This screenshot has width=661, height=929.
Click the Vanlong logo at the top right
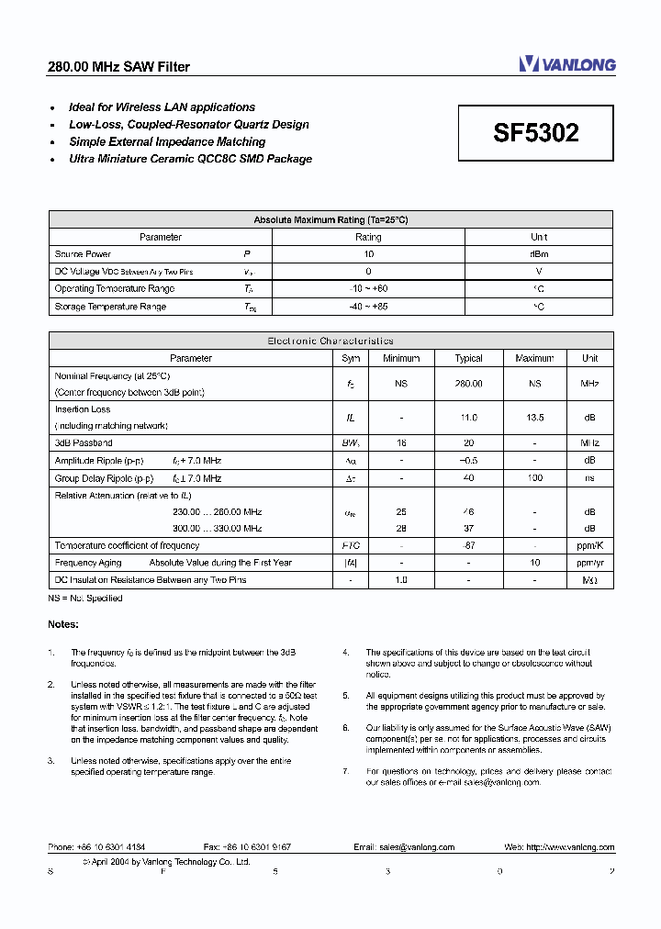pos(566,63)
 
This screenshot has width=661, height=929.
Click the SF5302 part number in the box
pos(536,133)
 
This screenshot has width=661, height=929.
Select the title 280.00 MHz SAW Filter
pos(118,67)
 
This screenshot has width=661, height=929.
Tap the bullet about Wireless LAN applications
pos(162,107)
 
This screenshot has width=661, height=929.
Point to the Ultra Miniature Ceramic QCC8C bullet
pos(190,159)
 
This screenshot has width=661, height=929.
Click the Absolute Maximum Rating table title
pos(330,219)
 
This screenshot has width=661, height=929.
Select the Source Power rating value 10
pos(368,254)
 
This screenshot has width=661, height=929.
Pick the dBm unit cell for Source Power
pos(539,254)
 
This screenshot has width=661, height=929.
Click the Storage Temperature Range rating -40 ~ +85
pos(368,307)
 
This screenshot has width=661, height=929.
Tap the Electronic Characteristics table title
pos(330,341)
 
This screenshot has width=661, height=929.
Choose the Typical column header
pos(468,358)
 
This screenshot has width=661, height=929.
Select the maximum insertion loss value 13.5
pos(534,418)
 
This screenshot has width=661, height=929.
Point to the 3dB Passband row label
pos(84,443)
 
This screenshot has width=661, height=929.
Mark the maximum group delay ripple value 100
pos(534,478)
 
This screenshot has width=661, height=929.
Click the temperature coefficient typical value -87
pos(468,545)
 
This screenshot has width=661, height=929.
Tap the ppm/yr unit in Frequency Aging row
pos(590,563)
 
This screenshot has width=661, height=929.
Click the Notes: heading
pos(63,624)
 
